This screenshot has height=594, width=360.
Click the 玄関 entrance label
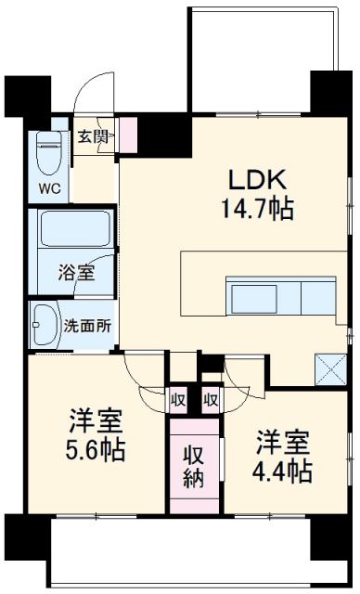(x=91, y=136)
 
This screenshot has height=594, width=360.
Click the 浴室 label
(x=71, y=274)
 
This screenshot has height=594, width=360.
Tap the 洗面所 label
(x=88, y=326)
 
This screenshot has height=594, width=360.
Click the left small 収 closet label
(x=177, y=401)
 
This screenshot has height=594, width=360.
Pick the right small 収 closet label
(x=211, y=401)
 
